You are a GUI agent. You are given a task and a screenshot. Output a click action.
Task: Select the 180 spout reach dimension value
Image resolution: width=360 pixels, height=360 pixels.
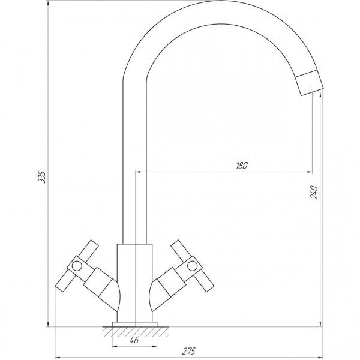[x=241, y=166]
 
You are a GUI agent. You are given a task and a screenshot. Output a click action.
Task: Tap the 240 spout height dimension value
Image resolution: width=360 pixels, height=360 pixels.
[x=314, y=192]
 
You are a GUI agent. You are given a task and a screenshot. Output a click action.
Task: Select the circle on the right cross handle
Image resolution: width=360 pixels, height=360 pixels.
[x=191, y=264]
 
